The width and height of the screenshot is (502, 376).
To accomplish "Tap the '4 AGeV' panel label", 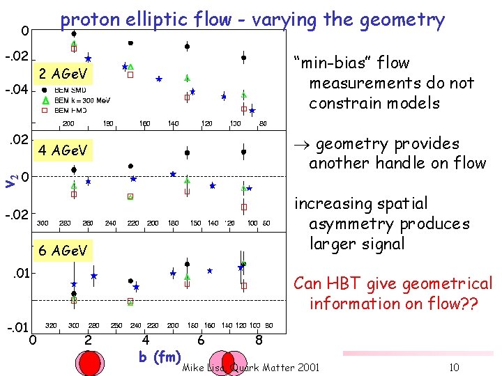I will click(63, 150).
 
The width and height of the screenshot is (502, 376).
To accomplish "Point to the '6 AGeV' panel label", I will click(63, 251).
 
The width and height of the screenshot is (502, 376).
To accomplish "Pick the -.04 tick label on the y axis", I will click(15, 91).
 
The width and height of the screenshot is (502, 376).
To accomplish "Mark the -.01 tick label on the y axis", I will click(17, 327).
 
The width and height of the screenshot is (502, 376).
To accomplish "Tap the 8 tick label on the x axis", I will click(259, 340).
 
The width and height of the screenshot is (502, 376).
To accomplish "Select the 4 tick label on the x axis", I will click(145, 340).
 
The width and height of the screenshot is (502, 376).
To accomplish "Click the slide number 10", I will click(453, 367).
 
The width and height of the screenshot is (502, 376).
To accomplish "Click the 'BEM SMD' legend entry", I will click(69, 90).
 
